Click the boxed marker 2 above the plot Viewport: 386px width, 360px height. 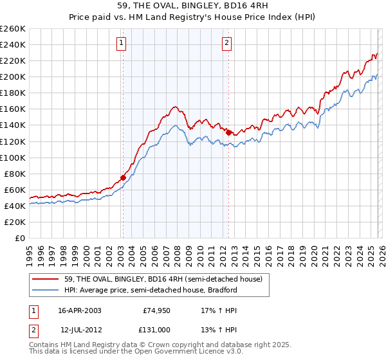pos(227,44)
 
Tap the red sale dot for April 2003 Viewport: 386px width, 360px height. pos(123,177)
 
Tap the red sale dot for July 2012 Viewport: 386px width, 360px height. pos(228,132)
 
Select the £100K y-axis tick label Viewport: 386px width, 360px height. pos(13,157)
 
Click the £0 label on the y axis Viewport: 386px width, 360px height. pos(20,238)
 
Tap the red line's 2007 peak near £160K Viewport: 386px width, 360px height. pos(174,107)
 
